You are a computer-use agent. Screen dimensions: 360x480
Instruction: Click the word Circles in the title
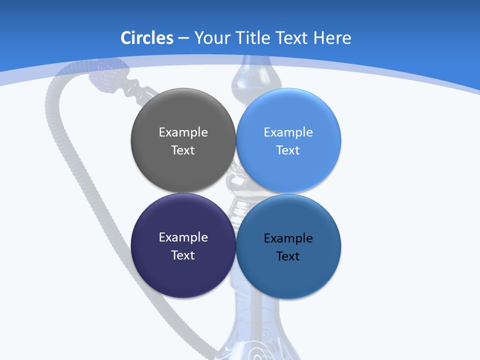click(147, 38)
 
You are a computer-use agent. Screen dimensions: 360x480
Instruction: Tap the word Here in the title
click(332, 38)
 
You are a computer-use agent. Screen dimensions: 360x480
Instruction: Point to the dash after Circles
click(183, 38)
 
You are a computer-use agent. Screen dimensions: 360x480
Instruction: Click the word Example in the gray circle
click(183, 132)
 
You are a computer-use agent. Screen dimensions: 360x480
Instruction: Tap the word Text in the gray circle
click(183, 150)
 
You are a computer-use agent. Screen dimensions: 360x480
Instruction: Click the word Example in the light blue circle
click(288, 132)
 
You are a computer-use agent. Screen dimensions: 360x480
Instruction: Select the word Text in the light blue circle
click(288, 150)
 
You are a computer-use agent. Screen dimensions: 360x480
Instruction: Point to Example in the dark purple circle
click(183, 237)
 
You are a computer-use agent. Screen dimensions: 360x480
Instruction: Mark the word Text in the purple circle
click(183, 255)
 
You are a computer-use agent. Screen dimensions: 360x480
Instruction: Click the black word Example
click(288, 238)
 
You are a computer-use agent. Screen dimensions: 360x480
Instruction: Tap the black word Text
click(288, 256)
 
